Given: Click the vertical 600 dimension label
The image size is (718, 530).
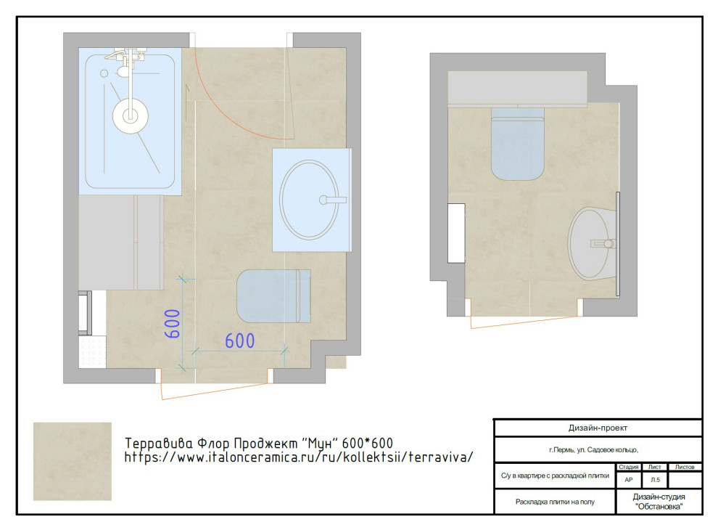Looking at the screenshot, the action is [x=172, y=324].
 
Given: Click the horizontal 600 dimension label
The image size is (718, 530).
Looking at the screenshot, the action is [x=240, y=341].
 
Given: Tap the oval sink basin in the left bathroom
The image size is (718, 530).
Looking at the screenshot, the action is [x=309, y=200].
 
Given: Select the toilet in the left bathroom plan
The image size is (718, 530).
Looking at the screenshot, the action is [x=274, y=296].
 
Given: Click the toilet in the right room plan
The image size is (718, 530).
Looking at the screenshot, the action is [x=517, y=144].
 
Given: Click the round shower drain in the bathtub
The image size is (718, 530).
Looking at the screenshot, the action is [x=131, y=115].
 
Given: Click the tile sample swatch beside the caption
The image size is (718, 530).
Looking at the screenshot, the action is [x=73, y=461].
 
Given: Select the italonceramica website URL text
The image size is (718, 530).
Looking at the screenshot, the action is [x=299, y=457].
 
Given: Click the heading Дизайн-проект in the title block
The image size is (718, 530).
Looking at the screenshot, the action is [x=598, y=428].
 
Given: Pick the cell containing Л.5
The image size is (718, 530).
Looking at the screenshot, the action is [x=656, y=480].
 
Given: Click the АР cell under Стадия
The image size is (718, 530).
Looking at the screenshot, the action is [x=629, y=480].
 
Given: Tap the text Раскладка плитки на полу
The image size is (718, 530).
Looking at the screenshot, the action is [x=555, y=502].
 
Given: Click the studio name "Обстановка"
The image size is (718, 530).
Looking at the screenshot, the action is [x=659, y=507].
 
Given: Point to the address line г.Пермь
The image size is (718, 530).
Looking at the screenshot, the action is [x=593, y=449].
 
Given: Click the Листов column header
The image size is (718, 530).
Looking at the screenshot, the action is [x=685, y=467].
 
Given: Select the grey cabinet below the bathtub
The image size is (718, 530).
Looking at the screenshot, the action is [x=121, y=242].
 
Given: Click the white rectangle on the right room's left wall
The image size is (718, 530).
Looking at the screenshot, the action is [x=456, y=233].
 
